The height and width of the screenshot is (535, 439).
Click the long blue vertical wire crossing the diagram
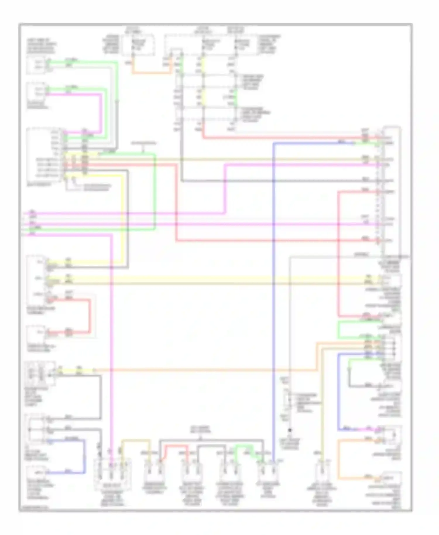pyautogui.click(x=273, y=293)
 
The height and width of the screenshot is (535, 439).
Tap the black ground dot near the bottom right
pyautogui.click(x=290, y=430)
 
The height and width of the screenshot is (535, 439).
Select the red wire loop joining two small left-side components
pyautogui.click(x=89, y=316)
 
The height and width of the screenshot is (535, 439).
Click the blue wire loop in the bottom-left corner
pyautogui.click(x=85, y=457)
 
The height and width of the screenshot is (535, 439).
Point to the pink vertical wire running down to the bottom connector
pyautogui.click(x=112, y=351)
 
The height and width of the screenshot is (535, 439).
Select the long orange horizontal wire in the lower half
pyautogui.click(x=205, y=371)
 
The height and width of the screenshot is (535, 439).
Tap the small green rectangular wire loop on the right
pyautogui.click(x=339, y=330)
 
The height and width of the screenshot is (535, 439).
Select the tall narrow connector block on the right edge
pyautogui.click(x=392, y=190)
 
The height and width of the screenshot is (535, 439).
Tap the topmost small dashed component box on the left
pyautogui.click(x=36, y=65)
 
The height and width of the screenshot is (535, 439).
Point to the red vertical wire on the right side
pyautogui.click(x=338, y=255)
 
